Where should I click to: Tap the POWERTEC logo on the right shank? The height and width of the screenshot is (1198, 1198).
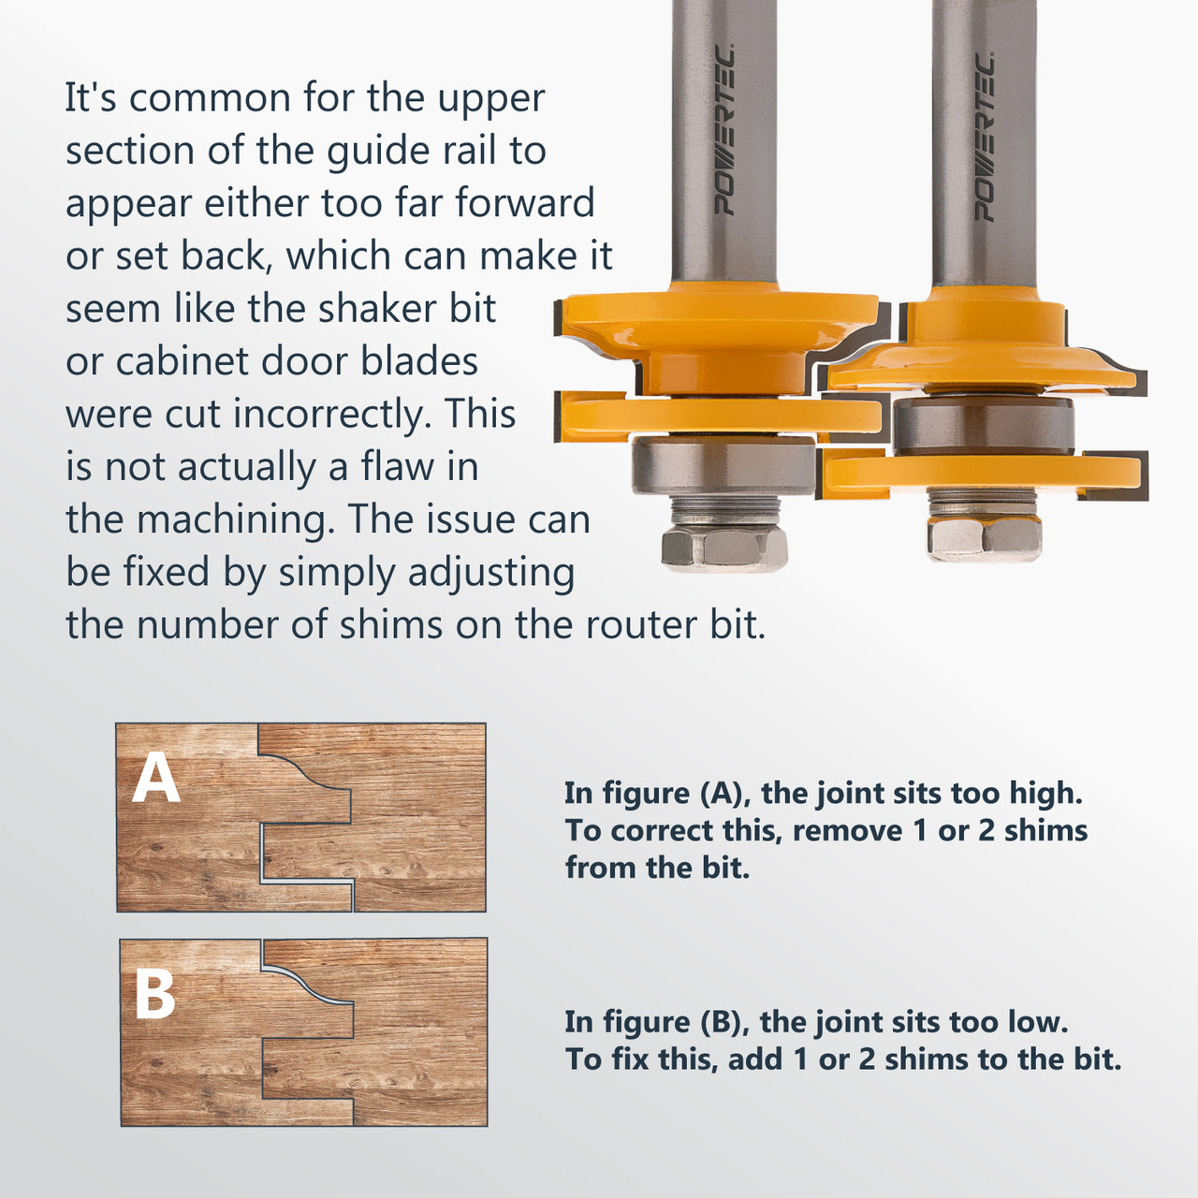984,137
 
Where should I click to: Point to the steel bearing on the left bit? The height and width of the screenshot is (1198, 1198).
723,466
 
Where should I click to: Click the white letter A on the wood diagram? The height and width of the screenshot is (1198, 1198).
156,779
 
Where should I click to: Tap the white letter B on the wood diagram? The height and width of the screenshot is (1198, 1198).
155,994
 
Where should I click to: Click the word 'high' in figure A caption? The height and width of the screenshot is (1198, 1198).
1045,794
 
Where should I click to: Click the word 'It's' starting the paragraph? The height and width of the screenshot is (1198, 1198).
90,98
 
